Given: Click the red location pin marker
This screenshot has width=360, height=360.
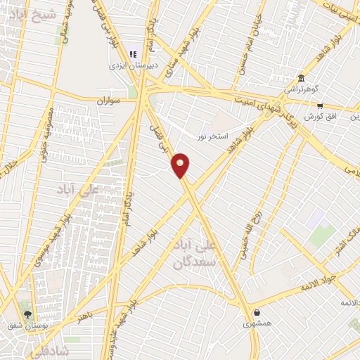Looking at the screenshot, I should coord(181,165).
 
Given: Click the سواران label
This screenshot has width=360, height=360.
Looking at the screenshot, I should coord(110,101).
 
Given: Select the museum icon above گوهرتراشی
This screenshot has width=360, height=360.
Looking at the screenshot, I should coord(301,77).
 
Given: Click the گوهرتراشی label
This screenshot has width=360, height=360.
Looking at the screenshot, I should coord(301,89).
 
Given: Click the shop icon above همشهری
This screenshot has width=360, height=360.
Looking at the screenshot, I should coord(257,312).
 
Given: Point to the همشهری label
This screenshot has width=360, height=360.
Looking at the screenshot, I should coord(257,324).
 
